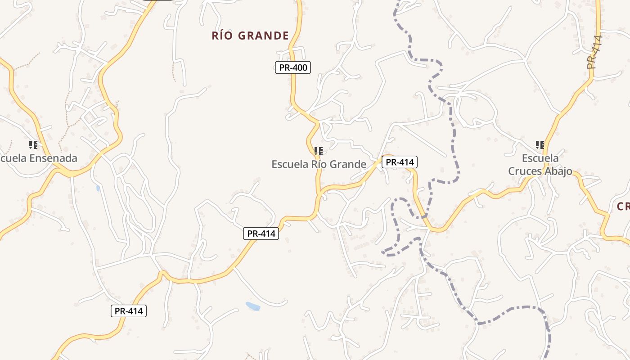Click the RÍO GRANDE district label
pyautogui.click(x=250, y=36)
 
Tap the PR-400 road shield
pyautogui.click(x=293, y=68)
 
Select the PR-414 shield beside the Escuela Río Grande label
pyautogui.click(x=400, y=162)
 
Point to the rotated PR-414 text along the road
pyautogui.click(x=594, y=52)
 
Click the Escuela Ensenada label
pyautogui.click(x=39, y=158)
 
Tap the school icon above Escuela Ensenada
pyautogui.click(x=33, y=145)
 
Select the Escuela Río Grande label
pyautogui.click(x=319, y=164)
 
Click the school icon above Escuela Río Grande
pyautogui.click(x=319, y=151)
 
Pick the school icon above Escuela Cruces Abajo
pyautogui.click(x=540, y=145)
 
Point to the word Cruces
pyautogui.click(x=525, y=171)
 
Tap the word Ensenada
pyautogui.click(x=54, y=158)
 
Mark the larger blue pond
pyautogui.click(x=253, y=306)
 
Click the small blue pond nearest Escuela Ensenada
pyautogui.click(x=98, y=188)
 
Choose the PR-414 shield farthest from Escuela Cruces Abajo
pyautogui.click(x=129, y=311)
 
